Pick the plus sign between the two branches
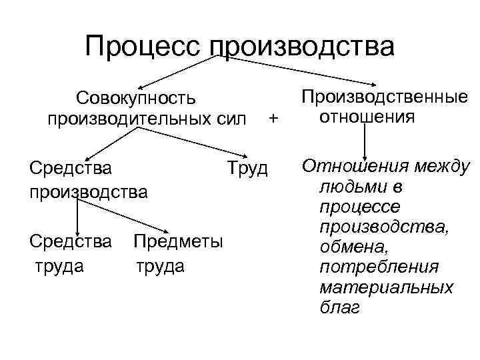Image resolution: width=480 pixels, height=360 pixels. point(271,119)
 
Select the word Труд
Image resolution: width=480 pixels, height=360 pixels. point(247,169)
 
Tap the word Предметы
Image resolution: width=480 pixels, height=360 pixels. point(178,241)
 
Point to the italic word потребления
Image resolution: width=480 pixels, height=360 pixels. point(379,267)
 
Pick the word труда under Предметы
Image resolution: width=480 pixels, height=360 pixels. point(159,266)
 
